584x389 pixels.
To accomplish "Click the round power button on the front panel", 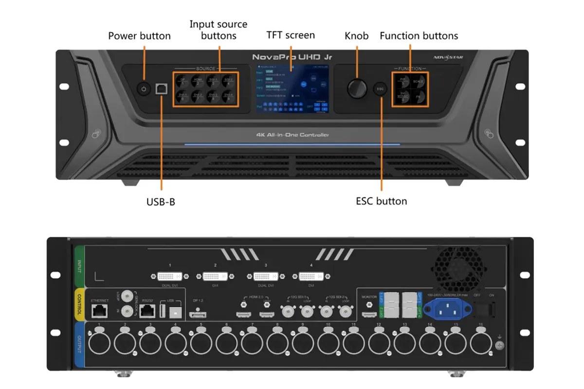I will click(143, 88).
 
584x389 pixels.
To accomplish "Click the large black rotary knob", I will click(357, 88).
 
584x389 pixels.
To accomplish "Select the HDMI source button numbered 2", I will click(198, 81).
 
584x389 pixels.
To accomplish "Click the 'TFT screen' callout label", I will click(291, 35).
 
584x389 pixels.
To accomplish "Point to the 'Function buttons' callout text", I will click(419, 36).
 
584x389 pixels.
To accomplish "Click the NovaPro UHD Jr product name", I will click(292, 57).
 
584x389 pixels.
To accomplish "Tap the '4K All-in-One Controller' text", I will click(292, 135).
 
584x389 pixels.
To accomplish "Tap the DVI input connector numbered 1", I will click(170, 277).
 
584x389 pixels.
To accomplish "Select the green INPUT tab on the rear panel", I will click(79, 265).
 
